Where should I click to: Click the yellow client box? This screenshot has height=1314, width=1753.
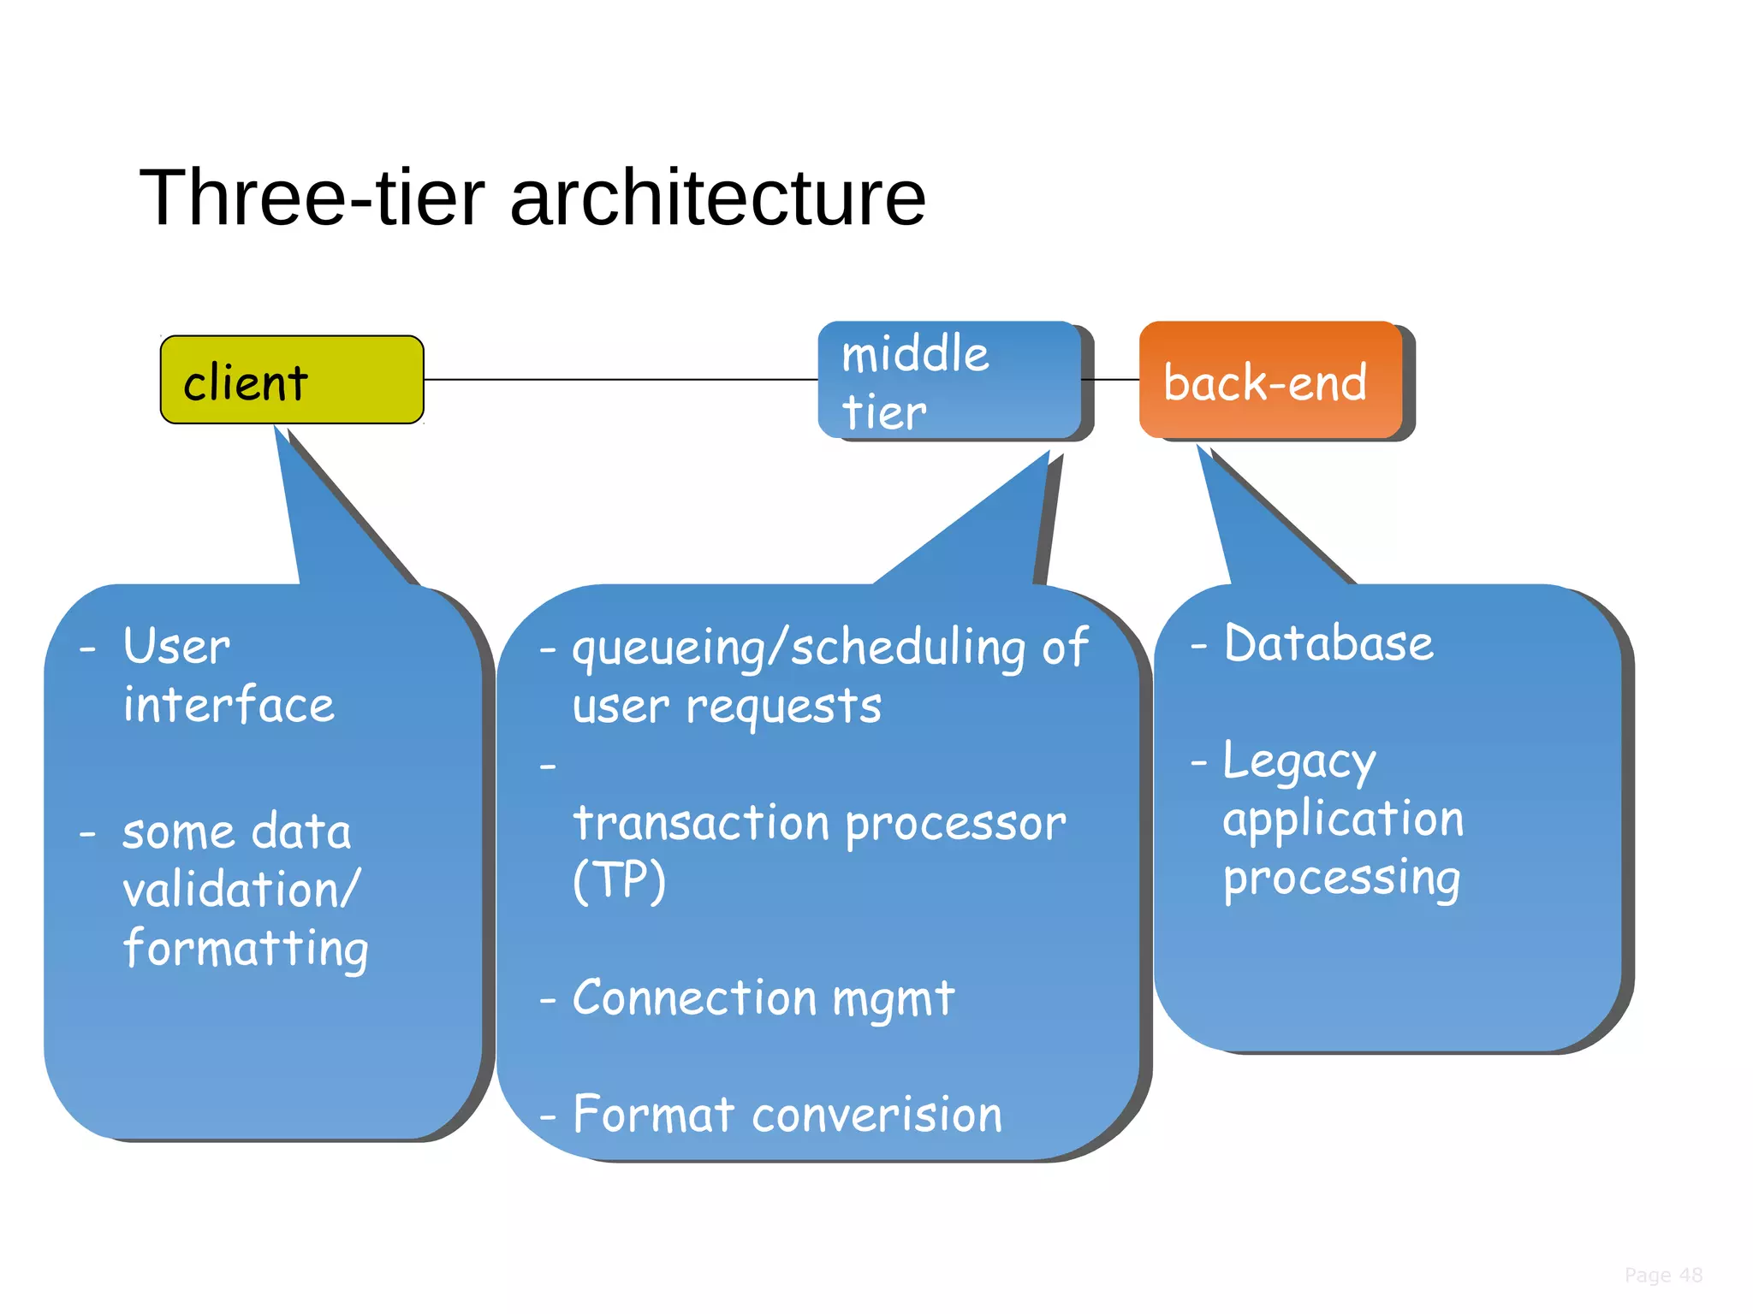(x=291, y=379)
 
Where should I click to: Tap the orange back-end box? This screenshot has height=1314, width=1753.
(x=1270, y=381)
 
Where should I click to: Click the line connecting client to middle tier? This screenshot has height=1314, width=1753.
(x=621, y=379)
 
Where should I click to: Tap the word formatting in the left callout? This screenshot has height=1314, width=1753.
(x=245, y=949)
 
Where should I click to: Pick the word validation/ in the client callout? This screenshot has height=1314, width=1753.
(x=241, y=890)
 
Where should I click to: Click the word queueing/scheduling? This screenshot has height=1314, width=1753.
(x=798, y=648)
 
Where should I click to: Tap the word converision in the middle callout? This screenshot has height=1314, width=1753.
(x=876, y=1115)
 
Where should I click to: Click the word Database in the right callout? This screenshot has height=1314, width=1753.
(x=1328, y=643)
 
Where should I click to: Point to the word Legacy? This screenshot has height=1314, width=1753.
(x=1298, y=761)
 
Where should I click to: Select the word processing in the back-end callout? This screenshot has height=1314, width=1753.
(x=1341, y=879)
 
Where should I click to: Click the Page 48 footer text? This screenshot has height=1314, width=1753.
(x=1663, y=1276)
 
